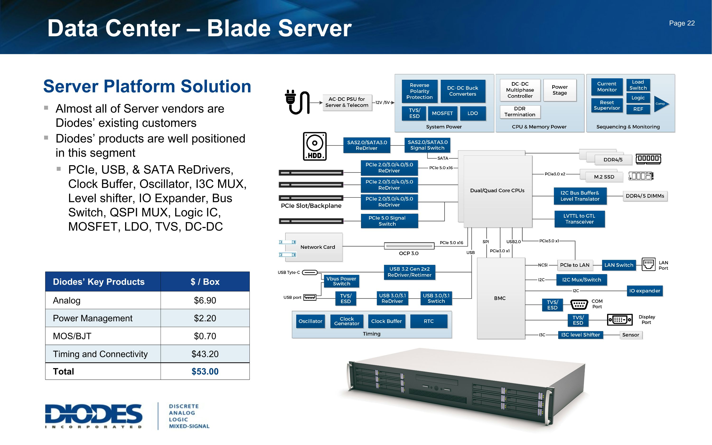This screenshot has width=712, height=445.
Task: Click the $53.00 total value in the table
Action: click(205, 371)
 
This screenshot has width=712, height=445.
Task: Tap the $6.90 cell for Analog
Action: click(205, 300)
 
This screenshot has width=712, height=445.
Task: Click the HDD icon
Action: click(314, 146)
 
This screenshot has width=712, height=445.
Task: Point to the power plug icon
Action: click(297, 102)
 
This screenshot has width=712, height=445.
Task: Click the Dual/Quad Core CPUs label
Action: click(497, 190)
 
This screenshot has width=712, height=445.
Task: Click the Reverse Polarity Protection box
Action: click(419, 91)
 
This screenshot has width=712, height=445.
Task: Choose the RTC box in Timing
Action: click(428, 321)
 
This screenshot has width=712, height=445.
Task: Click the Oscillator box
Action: click(310, 321)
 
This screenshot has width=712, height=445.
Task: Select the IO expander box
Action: click(644, 291)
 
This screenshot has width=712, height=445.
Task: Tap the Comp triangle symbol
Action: click(661, 104)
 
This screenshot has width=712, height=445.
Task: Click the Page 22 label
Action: click(682, 23)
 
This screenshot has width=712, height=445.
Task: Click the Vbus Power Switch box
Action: click(341, 281)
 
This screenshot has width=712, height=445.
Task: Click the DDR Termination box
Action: click(520, 112)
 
